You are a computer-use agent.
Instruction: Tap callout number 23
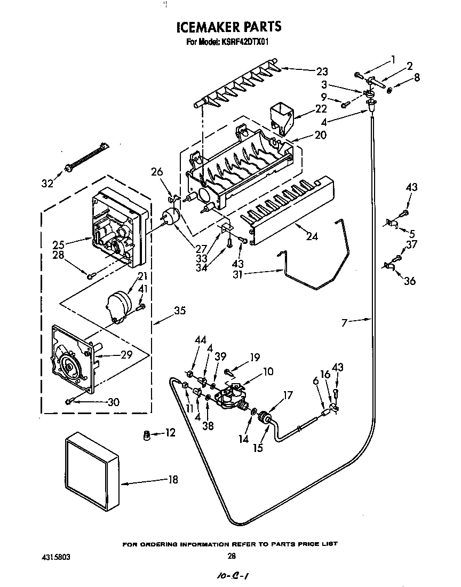pyautogui.click(x=322, y=71)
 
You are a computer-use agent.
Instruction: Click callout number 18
pyautogui.click(x=172, y=479)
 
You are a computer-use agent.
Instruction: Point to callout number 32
pyautogui.click(x=48, y=184)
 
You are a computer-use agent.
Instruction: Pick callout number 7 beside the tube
pyautogui.click(x=345, y=322)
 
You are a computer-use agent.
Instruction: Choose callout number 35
pyautogui.click(x=180, y=311)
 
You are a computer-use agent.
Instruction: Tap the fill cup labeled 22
pyautogui.click(x=283, y=117)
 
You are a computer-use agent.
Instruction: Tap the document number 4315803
pyautogui.click(x=55, y=556)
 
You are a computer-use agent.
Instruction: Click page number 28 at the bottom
pyautogui.click(x=231, y=556)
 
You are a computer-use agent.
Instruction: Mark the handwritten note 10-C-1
pyautogui.click(x=233, y=576)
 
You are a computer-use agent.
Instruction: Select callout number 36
pyautogui.click(x=409, y=281)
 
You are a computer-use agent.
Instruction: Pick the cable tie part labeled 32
pyautogui.click(x=85, y=157)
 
